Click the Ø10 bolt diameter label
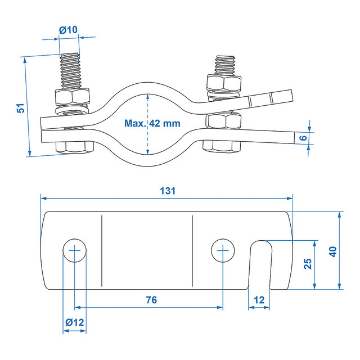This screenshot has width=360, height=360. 69,30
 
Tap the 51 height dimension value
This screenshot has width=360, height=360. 21,108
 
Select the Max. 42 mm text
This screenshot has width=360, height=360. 152,123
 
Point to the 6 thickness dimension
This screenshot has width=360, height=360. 303,138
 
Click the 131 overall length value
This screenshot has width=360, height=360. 168,191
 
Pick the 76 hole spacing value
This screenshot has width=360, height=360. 151,300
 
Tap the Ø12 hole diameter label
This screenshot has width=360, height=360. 75,322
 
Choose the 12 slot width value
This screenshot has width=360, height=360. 259,300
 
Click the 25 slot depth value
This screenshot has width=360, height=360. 308,264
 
